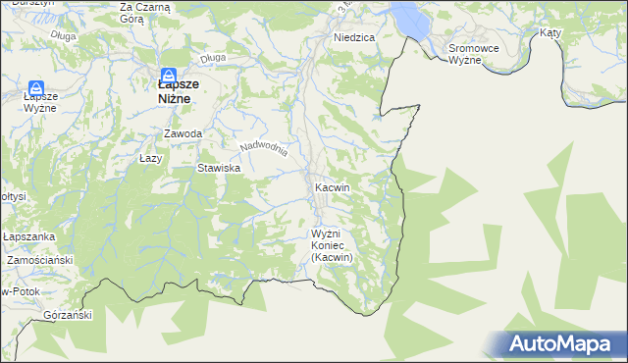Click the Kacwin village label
click(333, 186)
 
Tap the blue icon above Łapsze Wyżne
click(36, 89)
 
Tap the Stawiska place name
click(219, 169)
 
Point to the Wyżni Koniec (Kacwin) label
click(331, 245)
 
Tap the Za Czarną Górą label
click(145, 13)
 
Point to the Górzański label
click(68, 316)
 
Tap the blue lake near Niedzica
click(405, 17)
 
